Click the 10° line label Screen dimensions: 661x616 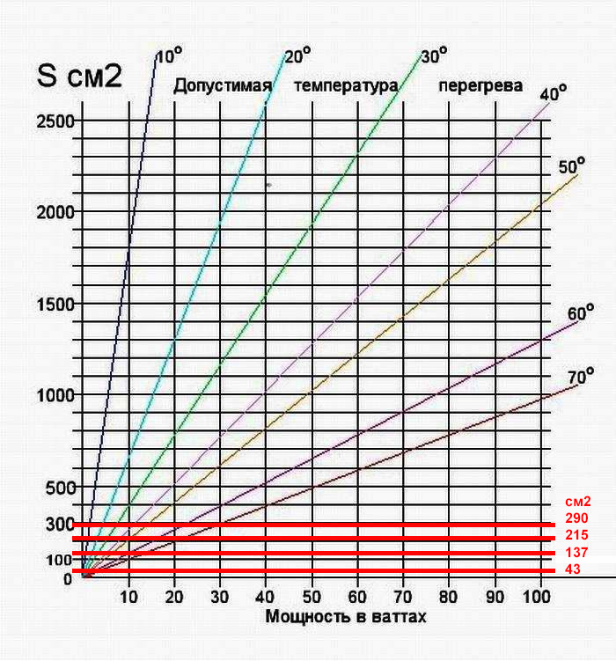(168, 56)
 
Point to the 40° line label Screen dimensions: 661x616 (553, 93)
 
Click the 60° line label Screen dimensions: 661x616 (581, 313)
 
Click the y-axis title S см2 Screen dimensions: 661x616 (84, 76)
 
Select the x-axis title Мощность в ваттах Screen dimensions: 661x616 (346, 617)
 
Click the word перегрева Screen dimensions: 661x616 (480, 86)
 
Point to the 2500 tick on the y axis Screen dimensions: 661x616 (55, 120)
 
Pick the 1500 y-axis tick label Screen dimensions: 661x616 (55, 304)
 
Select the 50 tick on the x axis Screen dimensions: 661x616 (312, 595)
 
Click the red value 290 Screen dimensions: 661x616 (576, 518)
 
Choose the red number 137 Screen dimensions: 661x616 (576, 552)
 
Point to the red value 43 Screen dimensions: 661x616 (573, 569)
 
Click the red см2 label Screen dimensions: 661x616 (577, 502)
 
